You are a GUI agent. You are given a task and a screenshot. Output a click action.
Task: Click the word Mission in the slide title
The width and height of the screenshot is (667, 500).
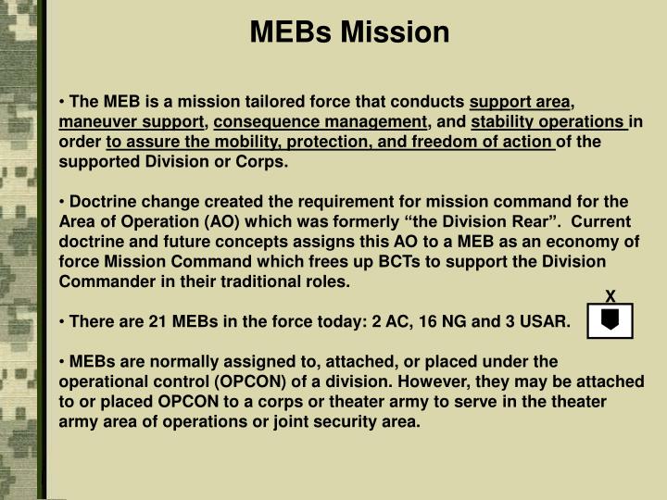tap(396, 33)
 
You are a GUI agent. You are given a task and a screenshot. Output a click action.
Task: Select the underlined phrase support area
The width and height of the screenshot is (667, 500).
tap(522, 102)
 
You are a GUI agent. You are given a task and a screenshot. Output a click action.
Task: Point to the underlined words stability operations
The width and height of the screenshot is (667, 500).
tap(548, 122)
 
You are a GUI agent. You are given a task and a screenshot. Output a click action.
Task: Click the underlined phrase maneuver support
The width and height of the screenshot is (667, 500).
tap(132, 122)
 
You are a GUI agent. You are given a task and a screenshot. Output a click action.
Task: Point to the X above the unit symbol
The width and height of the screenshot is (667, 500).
tap(610, 296)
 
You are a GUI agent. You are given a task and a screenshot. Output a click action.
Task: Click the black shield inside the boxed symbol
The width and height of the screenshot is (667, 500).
tap(610, 319)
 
